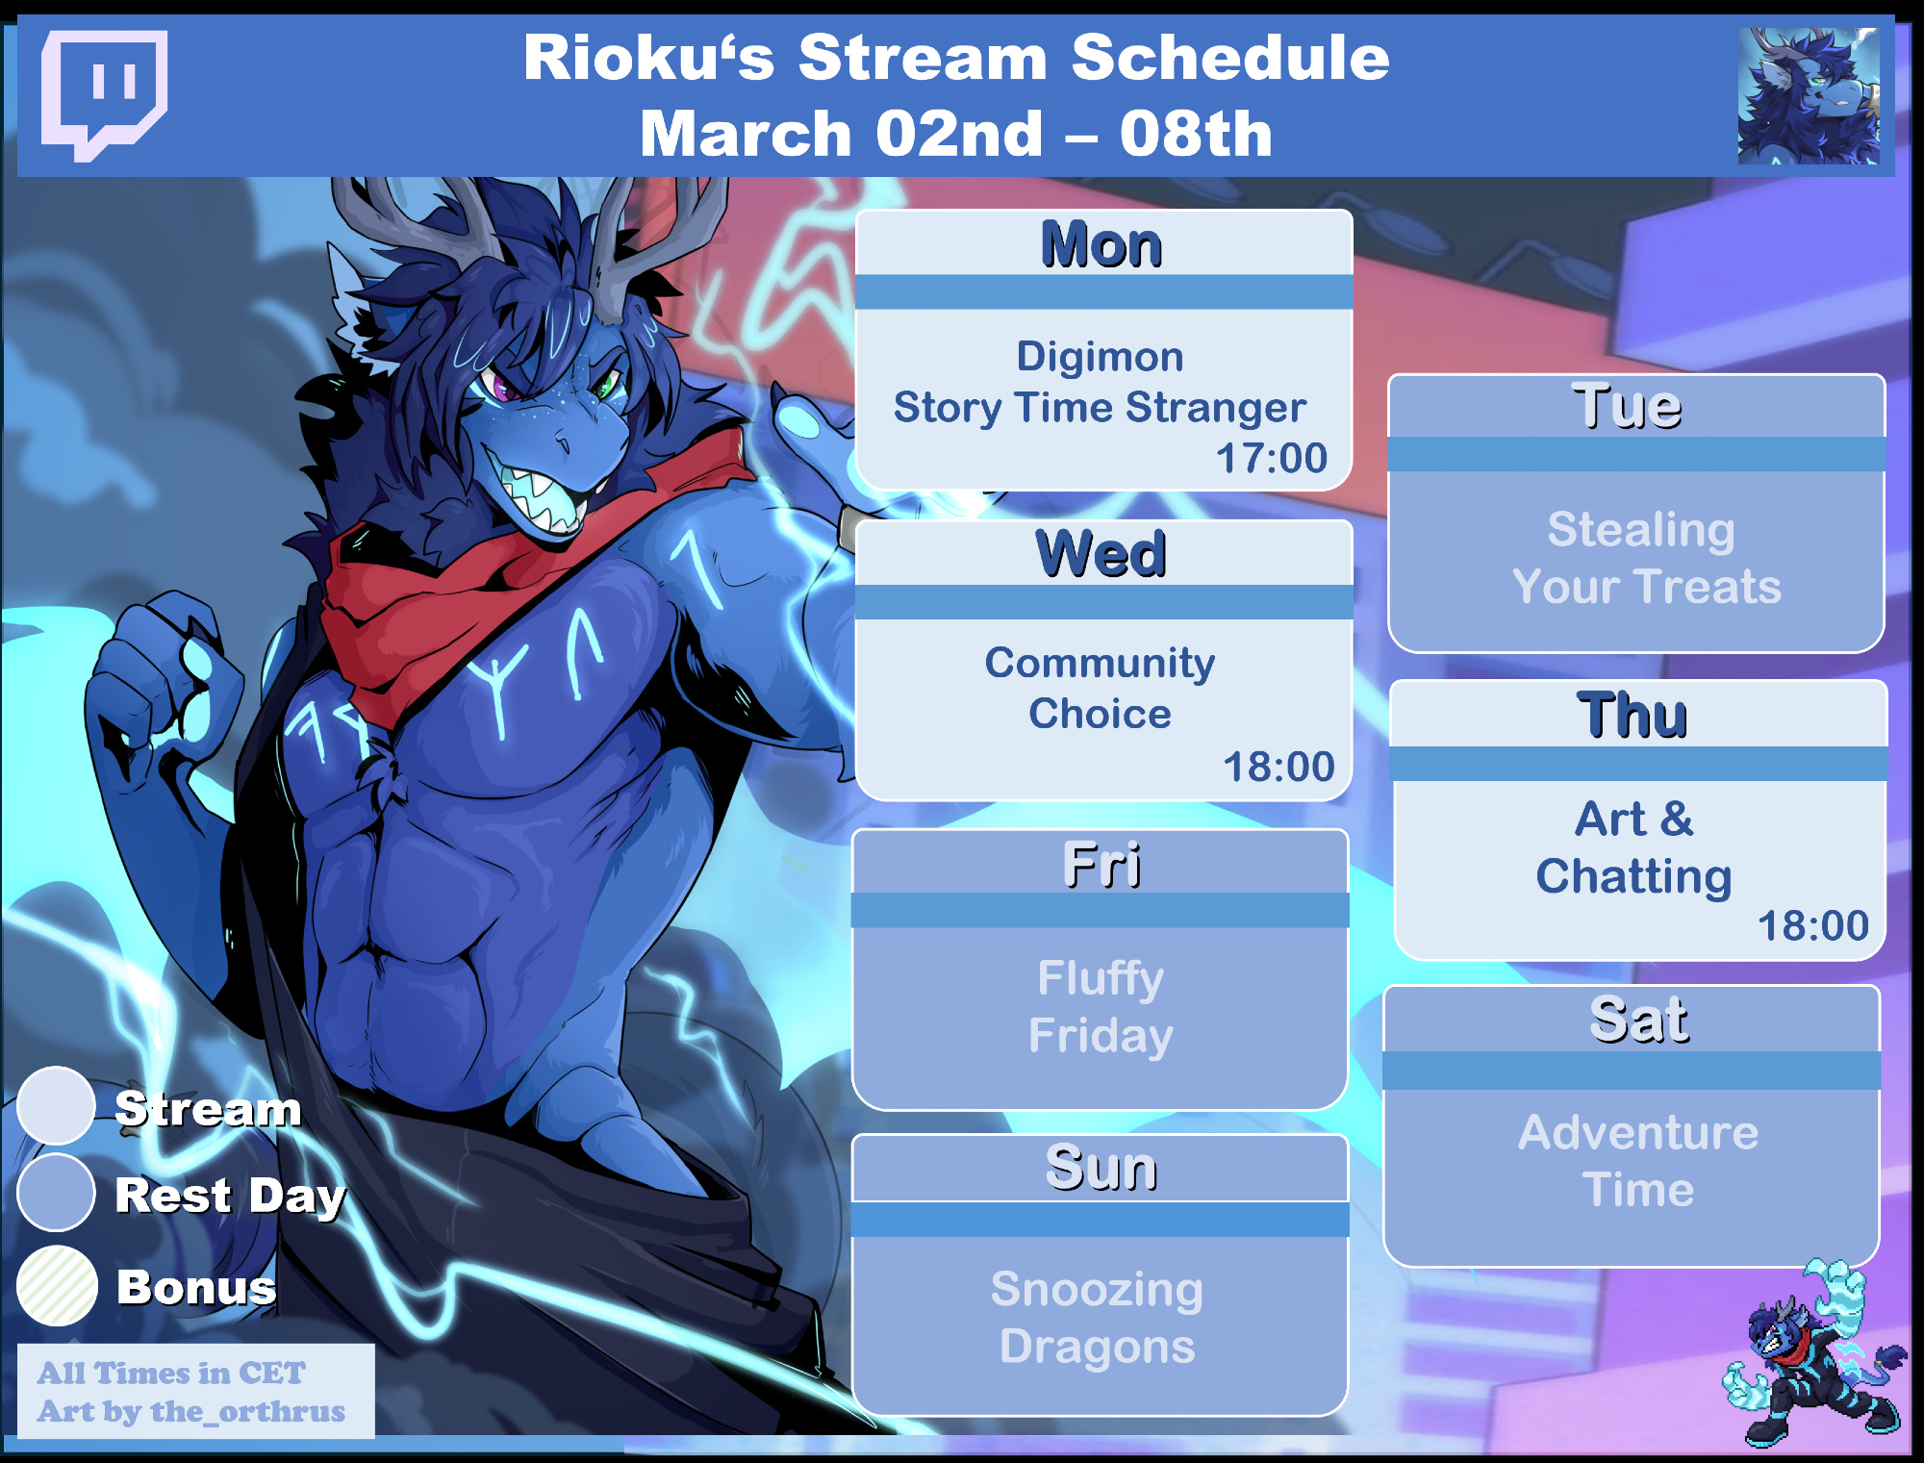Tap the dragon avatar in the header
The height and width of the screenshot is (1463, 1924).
tap(1809, 95)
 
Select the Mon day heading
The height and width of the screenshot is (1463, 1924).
tap(1101, 244)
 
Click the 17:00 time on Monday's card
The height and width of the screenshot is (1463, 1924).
tap(1272, 458)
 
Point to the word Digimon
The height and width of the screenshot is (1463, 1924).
tap(1100, 357)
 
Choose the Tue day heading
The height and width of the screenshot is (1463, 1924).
tap(1627, 406)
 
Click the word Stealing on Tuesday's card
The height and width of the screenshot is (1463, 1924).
tap(1641, 531)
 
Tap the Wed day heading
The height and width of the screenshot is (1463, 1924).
tap(1101, 554)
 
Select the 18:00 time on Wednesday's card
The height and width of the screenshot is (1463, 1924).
tap(1278, 767)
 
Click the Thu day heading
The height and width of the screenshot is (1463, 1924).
tap(1633, 715)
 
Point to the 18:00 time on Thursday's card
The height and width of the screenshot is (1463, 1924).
tap(1813, 925)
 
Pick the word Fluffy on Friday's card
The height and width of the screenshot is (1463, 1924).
tap(1101, 980)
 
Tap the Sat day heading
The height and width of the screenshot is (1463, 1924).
tap(1638, 1020)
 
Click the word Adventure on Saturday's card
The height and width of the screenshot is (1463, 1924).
tap(1638, 1132)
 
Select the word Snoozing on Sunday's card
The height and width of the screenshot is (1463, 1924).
tap(1097, 1291)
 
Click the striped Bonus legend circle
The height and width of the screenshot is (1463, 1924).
tap(57, 1286)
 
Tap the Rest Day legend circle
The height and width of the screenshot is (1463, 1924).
tap(56, 1193)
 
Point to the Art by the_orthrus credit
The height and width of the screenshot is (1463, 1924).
tap(191, 1411)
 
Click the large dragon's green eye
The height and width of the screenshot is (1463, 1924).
tap(606, 386)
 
